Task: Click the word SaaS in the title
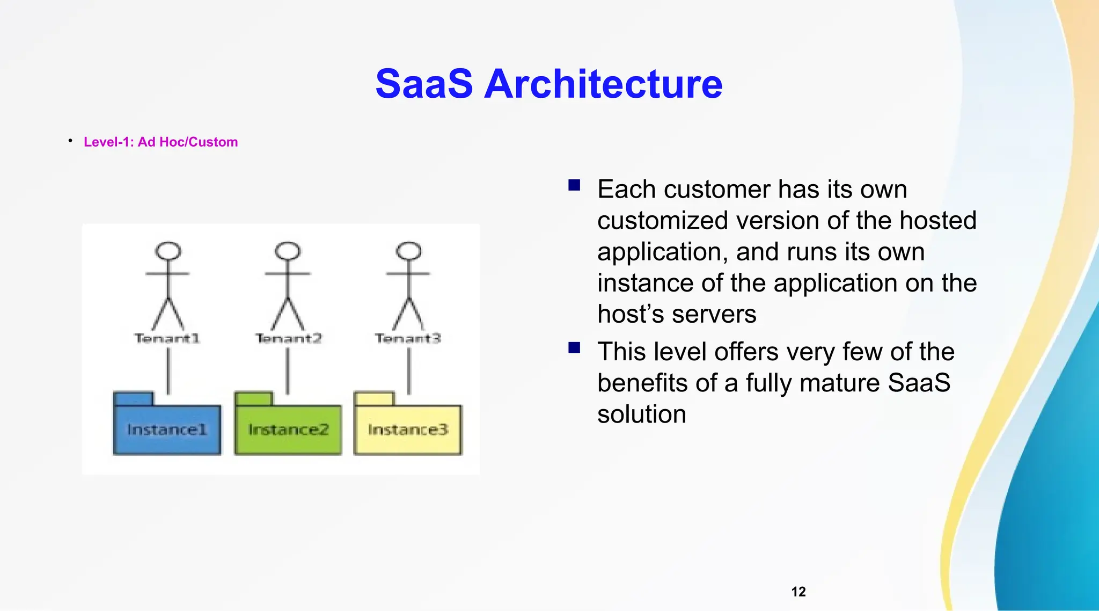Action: (424, 84)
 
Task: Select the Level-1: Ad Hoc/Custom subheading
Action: (160, 142)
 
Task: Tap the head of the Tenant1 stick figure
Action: (168, 251)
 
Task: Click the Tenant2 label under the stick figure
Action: (288, 338)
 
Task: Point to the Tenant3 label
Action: (408, 338)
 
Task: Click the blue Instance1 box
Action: (167, 430)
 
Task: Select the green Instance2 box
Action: (288, 430)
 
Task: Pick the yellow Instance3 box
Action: (408, 430)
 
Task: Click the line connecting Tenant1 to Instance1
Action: (168, 370)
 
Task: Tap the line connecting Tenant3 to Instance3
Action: (409, 370)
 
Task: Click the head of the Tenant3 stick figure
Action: (409, 251)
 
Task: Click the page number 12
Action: (798, 592)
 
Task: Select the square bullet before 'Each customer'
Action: (574, 186)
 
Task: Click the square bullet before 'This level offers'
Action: (574, 348)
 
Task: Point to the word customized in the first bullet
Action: (662, 221)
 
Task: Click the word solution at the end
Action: (642, 414)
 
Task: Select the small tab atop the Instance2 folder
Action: (254, 399)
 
